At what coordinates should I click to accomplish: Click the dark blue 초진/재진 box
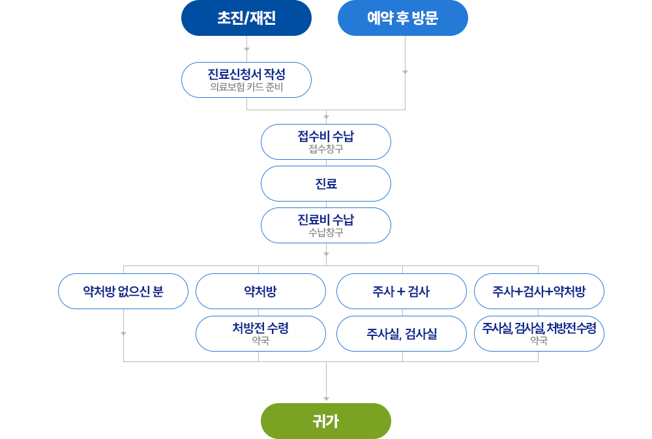coord(246,18)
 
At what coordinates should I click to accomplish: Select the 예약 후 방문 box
coord(402,18)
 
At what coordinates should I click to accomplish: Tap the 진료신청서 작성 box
coord(246,75)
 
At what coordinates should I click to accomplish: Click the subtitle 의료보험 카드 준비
coord(246,87)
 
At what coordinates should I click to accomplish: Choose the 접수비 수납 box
coord(326,137)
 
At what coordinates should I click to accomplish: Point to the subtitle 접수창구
coord(326,149)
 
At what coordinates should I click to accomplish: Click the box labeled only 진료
coord(326,184)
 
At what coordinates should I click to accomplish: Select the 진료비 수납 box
coord(326,220)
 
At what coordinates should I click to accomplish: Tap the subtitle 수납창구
coord(326,232)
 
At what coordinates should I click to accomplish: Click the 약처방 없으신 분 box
coord(123,291)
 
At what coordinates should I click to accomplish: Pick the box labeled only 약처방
coord(260,291)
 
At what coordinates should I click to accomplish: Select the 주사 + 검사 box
coord(402,291)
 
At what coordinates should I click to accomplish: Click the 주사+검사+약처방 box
coord(539,291)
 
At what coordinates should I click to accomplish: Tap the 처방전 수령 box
coord(260,329)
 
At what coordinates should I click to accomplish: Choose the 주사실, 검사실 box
coord(402,334)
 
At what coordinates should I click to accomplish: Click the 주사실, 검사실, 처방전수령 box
coord(539,329)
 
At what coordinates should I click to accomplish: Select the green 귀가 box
coord(326,421)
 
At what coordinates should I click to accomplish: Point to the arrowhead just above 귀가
coord(326,399)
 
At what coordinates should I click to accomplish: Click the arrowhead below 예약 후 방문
coord(405,72)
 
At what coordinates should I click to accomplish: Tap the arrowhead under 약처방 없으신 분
coord(123,333)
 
